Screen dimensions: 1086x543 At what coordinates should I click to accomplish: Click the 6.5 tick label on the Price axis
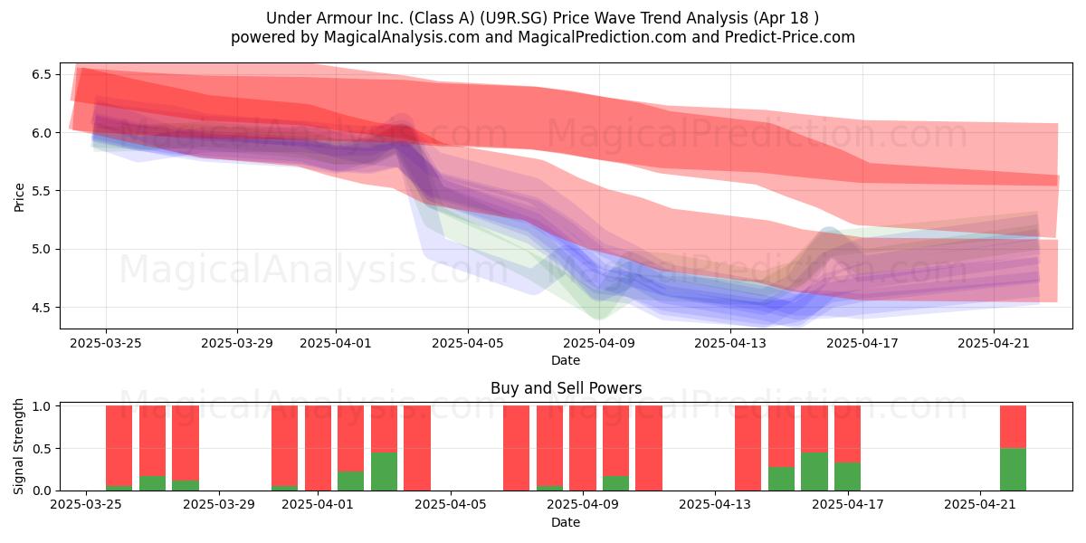(42, 74)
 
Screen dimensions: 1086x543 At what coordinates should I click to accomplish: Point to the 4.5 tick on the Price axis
(42, 308)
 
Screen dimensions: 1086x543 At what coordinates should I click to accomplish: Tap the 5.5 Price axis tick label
(42, 191)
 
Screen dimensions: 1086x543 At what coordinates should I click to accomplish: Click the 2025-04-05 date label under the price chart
(468, 343)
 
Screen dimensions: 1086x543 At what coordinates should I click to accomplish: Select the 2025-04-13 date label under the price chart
(730, 343)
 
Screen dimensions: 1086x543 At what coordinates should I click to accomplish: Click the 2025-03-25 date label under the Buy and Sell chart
(86, 504)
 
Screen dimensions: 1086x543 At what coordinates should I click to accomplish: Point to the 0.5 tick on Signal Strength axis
(42, 449)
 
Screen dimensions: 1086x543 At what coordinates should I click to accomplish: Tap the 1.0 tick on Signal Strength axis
(42, 406)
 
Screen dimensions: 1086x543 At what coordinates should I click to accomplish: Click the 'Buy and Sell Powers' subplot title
(566, 388)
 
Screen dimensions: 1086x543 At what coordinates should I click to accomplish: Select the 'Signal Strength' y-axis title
(18, 446)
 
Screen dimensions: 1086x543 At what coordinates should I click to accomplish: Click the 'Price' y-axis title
(19, 197)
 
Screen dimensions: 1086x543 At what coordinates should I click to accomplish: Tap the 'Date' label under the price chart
(566, 360)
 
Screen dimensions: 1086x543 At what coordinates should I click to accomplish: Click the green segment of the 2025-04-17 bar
(847, 477)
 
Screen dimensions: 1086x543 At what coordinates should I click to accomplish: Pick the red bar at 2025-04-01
(318, 448)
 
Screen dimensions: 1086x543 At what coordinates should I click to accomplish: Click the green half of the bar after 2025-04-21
(1013, 470)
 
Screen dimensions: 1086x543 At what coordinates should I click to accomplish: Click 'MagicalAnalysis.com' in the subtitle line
(402, 37)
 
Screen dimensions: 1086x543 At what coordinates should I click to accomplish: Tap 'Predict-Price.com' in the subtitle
(790, 37)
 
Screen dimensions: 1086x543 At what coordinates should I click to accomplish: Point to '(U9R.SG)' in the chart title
(514, 18)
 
